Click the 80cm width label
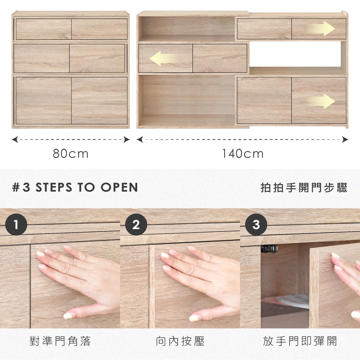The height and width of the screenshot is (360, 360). tap(71, 154)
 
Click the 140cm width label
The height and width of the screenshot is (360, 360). tap(243, 154)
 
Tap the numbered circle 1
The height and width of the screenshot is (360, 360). tap(16, 224)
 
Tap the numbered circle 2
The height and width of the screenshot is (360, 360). tap(136, 224)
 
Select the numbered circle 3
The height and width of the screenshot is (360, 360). tap(256, 224)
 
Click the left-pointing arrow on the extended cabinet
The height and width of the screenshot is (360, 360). tap(163, 59)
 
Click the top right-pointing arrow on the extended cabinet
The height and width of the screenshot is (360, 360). tap(321, 28)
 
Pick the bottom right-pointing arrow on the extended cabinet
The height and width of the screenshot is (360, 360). tap(321, 101)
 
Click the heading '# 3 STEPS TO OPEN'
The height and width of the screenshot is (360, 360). tap(75, 187)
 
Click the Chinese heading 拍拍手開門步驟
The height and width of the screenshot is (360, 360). tap(304, 188)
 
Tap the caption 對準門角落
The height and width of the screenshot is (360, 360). tap(60, 341)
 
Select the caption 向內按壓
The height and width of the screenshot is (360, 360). tap(180, 341)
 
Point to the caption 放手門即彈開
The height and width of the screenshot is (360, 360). tap(300, 341)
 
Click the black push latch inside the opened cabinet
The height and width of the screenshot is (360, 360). tap(269, 248)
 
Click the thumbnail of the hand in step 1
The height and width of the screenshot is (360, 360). tap(78, 281)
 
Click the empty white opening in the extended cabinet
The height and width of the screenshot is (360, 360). tap(295, 54)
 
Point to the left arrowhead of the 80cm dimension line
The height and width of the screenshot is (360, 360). tap(15, 139)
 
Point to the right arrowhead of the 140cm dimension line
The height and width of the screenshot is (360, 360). tap(345, 139)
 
